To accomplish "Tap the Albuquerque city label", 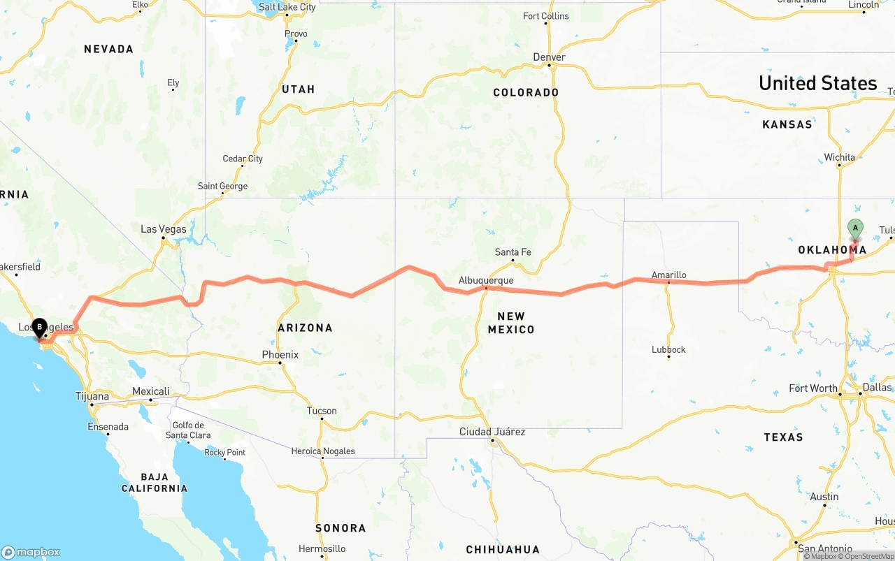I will click(486, 280).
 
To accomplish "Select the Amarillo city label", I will click(668, 275).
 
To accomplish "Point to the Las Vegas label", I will click(164, 229).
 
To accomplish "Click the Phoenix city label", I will click(280, 355).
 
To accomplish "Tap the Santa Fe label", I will click(513, 252).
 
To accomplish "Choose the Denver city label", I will click(549, 57).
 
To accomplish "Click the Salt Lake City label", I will click(287, 7).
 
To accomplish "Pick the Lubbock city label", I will click(668, 349).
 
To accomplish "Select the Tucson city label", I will click(322, 411).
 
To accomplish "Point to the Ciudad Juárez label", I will click(492, 432).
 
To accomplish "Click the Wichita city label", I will click(839, 157).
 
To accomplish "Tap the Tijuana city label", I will click(92, 396).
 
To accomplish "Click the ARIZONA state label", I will click(305, 328).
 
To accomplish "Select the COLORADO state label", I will click(526, 92).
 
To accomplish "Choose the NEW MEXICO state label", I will click(511, 323).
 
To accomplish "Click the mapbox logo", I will click(31, 552).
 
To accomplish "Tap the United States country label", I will click(817, 83).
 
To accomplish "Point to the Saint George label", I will click(222, 187).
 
